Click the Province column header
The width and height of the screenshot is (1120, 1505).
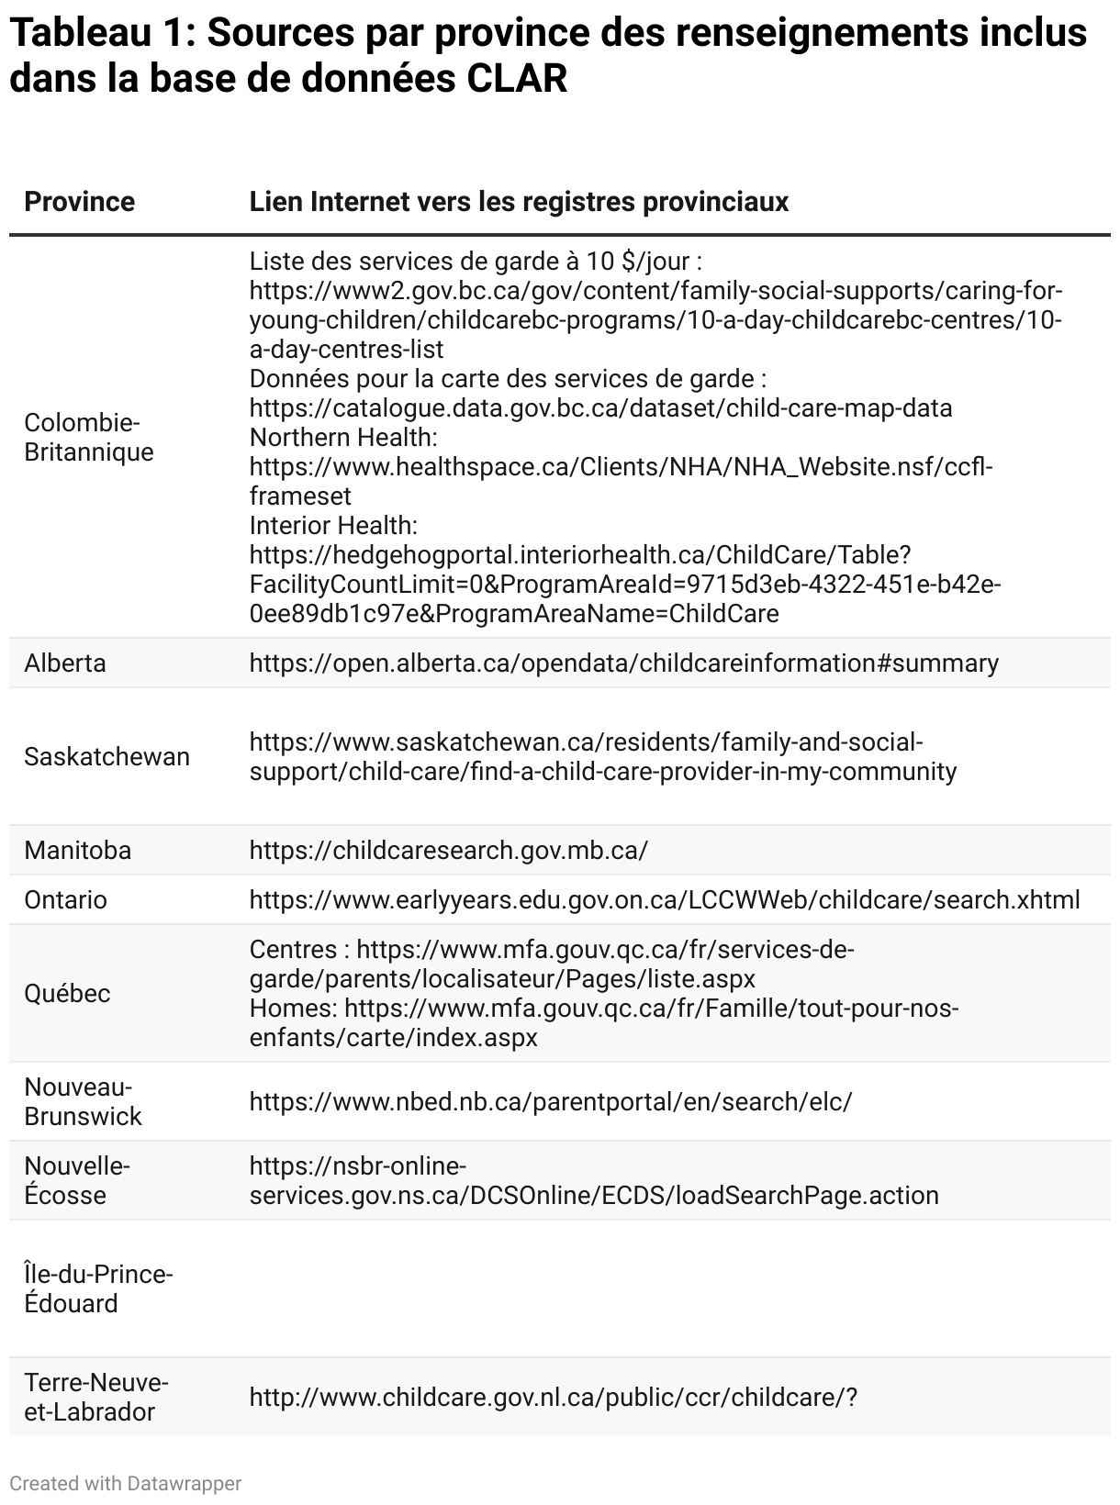(79, 202)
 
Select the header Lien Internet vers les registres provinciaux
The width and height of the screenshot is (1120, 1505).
(519, 202)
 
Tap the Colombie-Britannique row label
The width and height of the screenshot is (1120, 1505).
(88, 438)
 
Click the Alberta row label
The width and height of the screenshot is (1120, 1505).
(65, 663)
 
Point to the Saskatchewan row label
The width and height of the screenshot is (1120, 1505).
(106, 757)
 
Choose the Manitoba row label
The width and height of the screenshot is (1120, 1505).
(77, 851)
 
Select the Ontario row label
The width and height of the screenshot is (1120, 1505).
(65, 900)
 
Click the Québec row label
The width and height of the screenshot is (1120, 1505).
(67, 994)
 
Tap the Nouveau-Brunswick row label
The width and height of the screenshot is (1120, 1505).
(83, 1102)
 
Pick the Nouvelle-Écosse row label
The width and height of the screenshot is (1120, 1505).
(77, 1181)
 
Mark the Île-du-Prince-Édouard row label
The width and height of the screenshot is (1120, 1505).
(98, 1289)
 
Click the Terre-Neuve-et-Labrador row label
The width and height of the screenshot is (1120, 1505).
(96, 1398)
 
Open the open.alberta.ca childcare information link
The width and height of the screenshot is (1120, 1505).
(623, 663)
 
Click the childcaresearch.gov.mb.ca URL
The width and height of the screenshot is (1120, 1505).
(448, 851)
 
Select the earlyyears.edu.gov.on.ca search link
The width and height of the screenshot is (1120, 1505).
(665, 900)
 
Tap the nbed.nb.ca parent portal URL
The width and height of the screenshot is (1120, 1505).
(551, 1102)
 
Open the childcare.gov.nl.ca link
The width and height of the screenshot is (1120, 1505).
(553, 1398)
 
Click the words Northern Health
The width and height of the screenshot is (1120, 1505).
(342, 438)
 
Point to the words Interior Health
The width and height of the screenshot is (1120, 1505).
(333, 526)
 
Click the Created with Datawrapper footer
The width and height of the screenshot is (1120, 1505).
(125, 1483)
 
